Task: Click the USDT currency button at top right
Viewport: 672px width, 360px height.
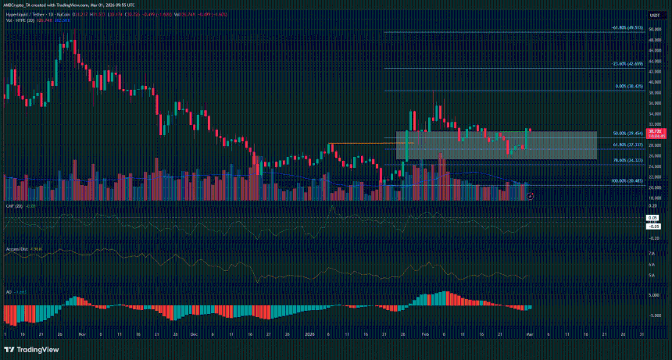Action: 653,15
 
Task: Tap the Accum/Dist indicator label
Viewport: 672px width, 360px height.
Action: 17,251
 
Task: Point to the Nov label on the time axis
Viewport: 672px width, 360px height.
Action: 80,333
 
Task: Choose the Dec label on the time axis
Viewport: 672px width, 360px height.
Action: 193,333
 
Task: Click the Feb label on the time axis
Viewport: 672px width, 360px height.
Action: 425,333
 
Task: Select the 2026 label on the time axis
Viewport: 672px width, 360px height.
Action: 308,333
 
